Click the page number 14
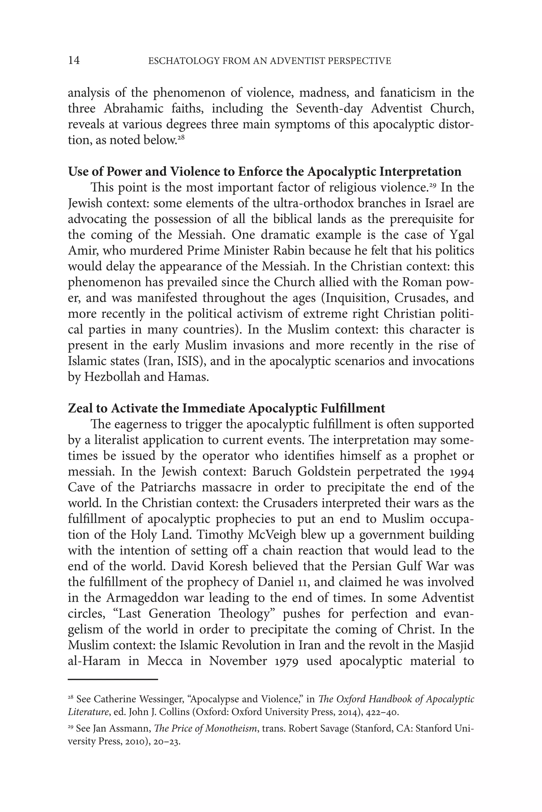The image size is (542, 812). click(74, 61)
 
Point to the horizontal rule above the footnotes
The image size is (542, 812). click(113, 679)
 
